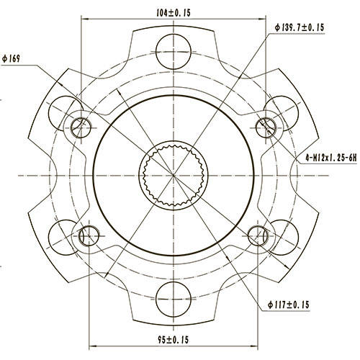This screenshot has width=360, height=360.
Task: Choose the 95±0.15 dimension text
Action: (x=173, y=338)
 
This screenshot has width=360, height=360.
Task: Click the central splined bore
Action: (x=174, y=175)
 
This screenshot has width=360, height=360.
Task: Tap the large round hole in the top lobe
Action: (x=173, y=47)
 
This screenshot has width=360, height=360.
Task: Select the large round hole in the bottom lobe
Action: (x=173, y=296)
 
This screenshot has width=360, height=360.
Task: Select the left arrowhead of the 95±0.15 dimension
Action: (x=91, y=345)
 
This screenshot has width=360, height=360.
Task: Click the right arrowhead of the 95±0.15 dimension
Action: (x=256, y=345)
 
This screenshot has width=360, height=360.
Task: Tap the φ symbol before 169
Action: (x=5, y=59)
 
